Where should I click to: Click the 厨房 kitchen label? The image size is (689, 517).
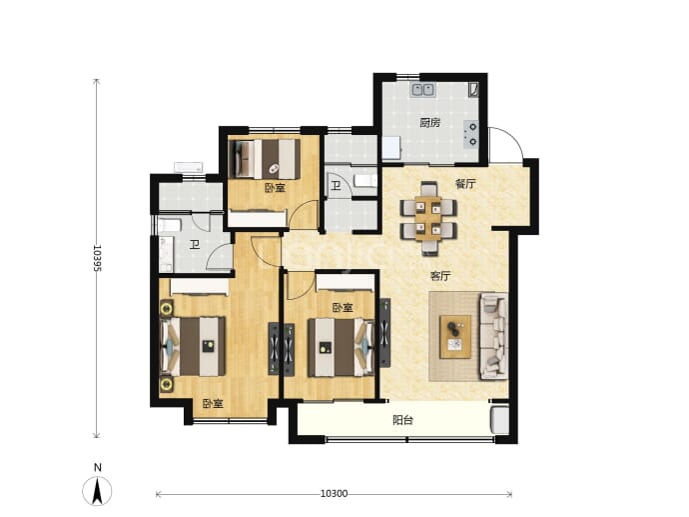[429, 123]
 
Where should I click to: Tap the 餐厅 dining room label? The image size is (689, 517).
[465, 184]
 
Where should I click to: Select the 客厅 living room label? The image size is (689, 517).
[440, 276]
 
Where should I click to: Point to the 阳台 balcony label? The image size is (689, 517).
[403, 420]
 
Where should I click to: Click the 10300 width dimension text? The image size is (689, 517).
[334, 494]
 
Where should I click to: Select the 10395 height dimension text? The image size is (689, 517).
[97, 258]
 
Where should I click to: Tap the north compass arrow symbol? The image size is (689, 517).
[97, 491]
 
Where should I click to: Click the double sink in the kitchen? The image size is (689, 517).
[422, 90]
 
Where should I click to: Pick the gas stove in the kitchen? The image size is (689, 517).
[471, 134]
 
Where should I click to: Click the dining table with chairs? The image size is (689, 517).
[428, 218]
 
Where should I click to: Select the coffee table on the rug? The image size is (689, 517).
[455, 337]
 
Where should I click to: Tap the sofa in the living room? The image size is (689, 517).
[493, 337]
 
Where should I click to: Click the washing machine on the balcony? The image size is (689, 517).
[499, 420]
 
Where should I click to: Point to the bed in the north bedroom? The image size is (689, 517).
[266, 159]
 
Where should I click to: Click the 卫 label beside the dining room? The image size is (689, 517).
[336, 186]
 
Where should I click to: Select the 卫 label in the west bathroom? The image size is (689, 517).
[195, 245]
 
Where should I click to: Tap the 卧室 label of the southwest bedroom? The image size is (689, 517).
[213, 403]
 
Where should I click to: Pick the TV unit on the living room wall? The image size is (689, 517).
[384, 333]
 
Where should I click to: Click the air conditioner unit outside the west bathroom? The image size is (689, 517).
[189, 167]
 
